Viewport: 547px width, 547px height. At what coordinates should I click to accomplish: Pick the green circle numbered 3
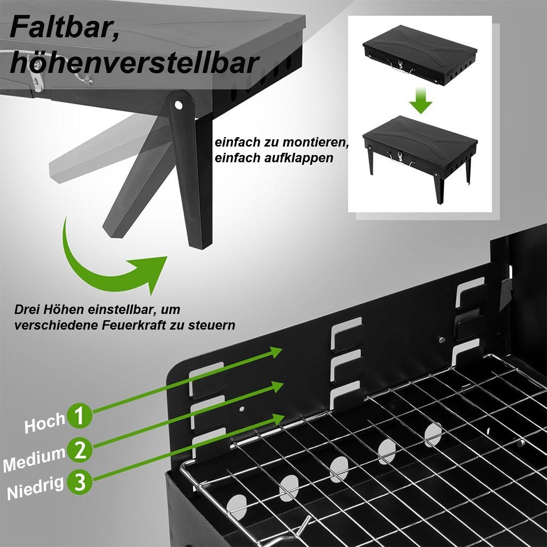point(79,482)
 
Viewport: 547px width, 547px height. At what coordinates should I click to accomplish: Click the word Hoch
point(44,424)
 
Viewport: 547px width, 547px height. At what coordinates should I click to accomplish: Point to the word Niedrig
point(35,488)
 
